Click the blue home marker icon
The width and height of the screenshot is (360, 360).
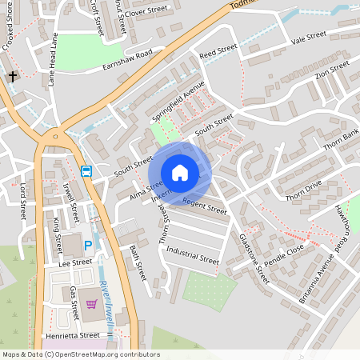coord(180,173)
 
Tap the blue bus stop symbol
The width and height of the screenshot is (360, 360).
coord(86,170)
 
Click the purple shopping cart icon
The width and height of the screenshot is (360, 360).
coord(91,304)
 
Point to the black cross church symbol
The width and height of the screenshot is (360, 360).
coord(12,77)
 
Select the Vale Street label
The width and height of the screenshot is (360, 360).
coord(309,37)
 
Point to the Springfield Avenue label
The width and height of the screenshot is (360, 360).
coord(178,102)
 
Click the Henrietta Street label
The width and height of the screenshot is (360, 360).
coord(73,336)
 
